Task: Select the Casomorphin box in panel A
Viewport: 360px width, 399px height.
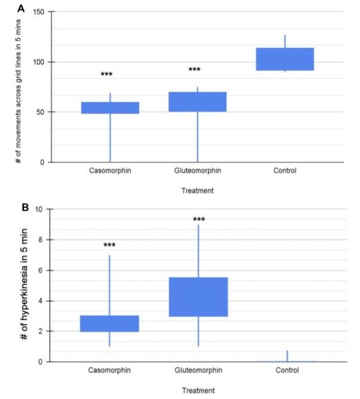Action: click(109, 108)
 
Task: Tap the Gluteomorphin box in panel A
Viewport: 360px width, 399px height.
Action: click(198, 102)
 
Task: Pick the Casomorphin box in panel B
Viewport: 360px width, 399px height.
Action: click(109, 323)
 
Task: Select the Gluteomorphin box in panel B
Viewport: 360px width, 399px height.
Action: click(198, 297)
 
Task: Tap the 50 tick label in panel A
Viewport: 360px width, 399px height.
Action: click(41, 112)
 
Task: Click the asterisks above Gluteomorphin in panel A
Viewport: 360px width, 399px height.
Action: click(194, 70)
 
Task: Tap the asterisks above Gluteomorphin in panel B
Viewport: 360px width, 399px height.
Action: click(198, 219)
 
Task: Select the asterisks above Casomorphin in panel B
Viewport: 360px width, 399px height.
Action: click(110, 245)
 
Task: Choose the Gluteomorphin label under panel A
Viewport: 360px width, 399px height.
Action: click(197, 171)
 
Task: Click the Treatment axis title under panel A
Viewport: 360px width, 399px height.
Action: click(197, 192)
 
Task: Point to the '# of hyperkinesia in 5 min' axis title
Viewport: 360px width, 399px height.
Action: click(23, 286)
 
